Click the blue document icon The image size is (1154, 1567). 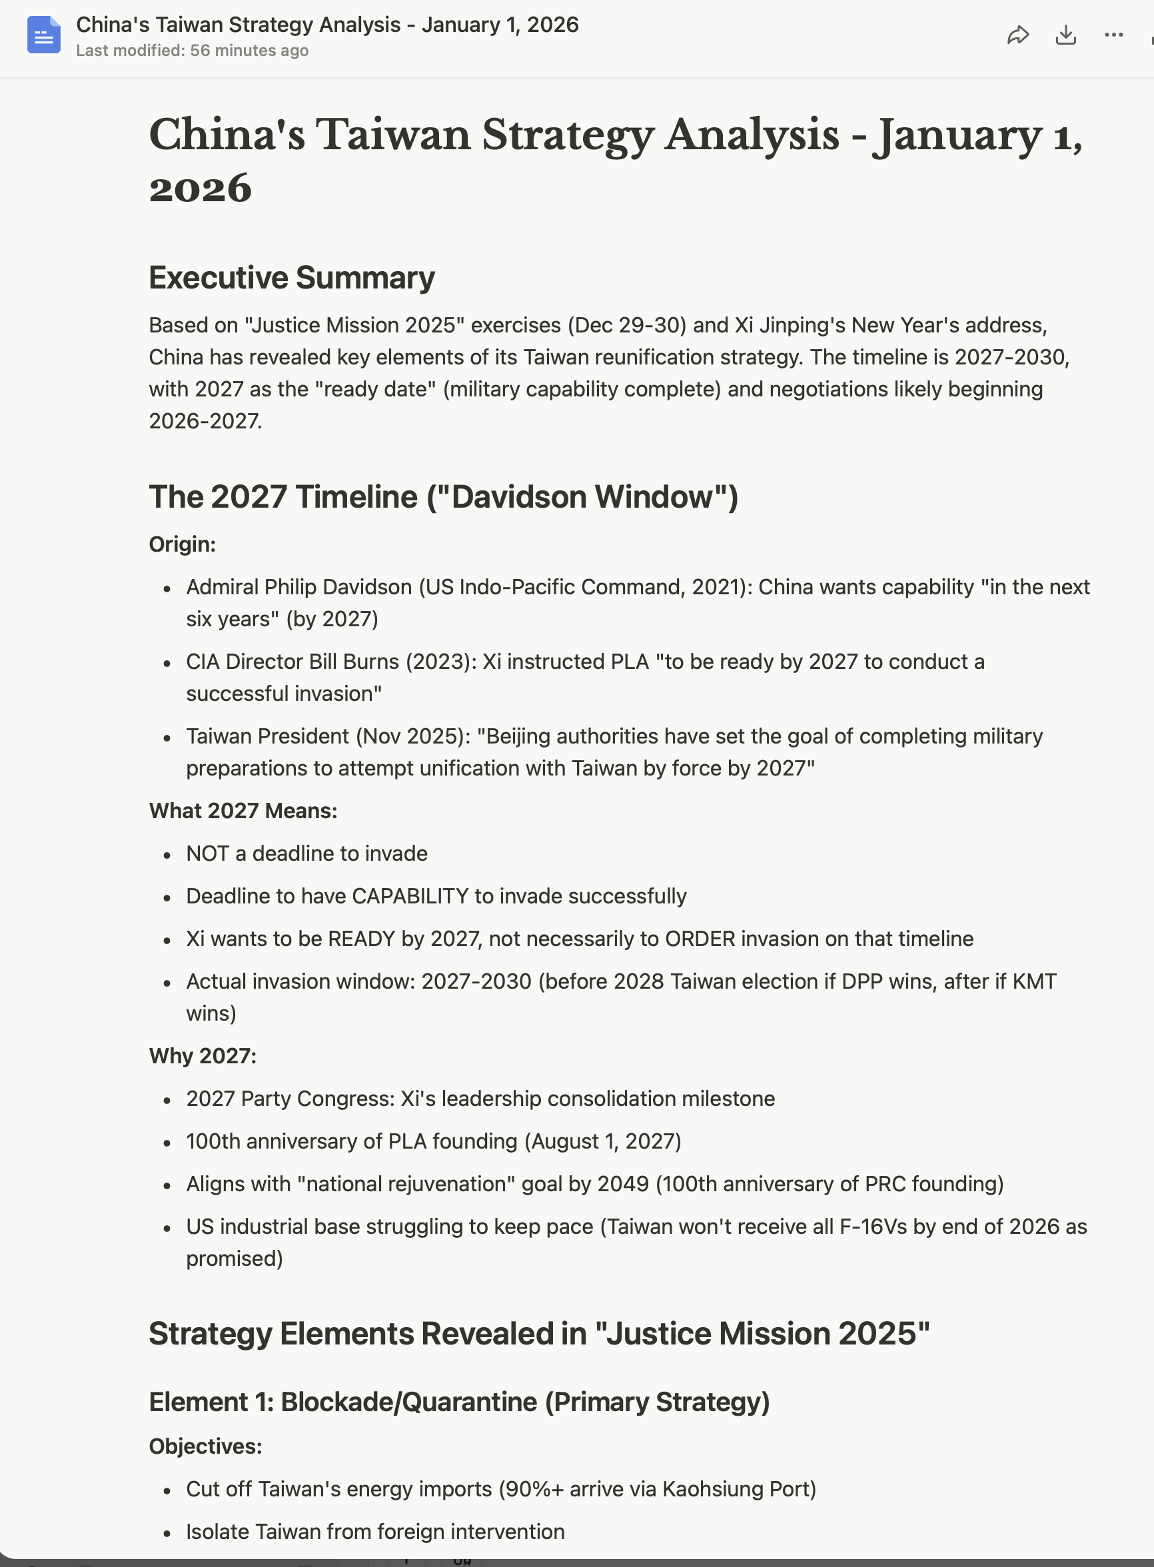[x=43, y=35]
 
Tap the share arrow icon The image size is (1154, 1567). [x=1018, y=35]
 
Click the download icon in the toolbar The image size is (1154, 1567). [x=1065, y=35]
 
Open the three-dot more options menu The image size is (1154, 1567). [x=1113, y=35]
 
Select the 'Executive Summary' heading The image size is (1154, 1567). [x=291, y=278]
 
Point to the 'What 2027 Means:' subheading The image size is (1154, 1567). [x=243, y=811]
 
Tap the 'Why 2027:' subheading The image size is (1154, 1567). [x=203, y=1056]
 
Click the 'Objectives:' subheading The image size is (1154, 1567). [x=205, y=1446]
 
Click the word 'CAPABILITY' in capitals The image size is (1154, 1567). [x=410, y=896]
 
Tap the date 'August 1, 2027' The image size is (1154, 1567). [x=603, y=1141]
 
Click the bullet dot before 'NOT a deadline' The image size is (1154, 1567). [x=167, y=855]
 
